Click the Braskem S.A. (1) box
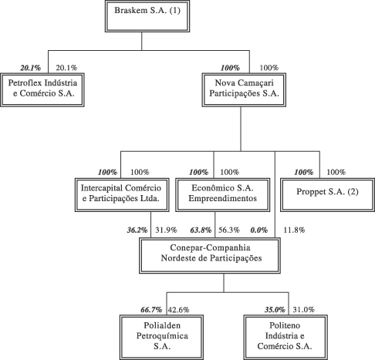147,16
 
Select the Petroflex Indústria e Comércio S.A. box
42,90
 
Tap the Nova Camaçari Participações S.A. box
244,90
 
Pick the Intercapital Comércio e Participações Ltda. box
122,195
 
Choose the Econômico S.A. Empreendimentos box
223,195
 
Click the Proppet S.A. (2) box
327,195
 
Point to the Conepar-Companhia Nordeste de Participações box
210,255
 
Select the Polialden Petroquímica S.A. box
161,337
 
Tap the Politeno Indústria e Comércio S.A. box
285,337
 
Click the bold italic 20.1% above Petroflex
31,68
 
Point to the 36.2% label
137,230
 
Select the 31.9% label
166,230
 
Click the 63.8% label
201,230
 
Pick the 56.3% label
229,230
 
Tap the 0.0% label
259,230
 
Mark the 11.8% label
294,230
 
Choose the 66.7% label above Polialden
151,310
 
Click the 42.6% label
179,310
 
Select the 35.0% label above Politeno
275,310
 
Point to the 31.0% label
304,310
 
